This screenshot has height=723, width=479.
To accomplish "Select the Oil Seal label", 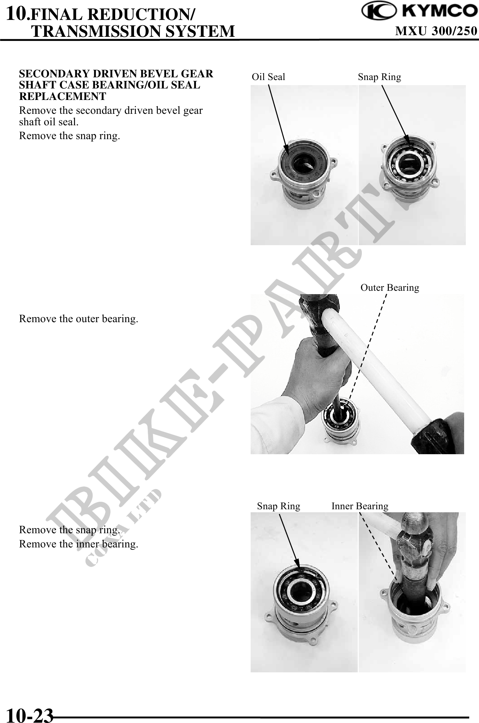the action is click(x=269, y=77).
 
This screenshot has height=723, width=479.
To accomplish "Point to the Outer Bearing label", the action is click(x=390, y=288).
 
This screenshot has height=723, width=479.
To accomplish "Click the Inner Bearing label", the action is click(x=360, y=506).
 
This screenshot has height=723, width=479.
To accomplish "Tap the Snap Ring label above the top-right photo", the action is click(x=380, y=77).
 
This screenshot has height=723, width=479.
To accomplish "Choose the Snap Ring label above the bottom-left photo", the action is click(x=279, y=506).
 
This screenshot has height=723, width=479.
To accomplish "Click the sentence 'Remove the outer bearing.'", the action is click(x=79, y=319).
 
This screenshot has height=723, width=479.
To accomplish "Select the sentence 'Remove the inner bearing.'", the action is click(x=79, y=544).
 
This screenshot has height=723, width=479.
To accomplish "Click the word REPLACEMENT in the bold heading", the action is click(x=62, y=97).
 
